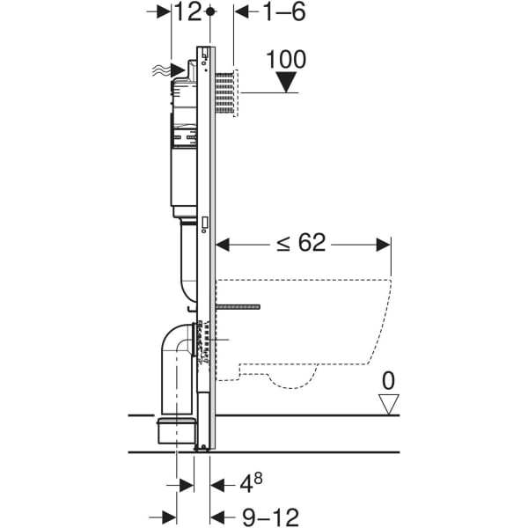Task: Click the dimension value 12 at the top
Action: tap(187, 12)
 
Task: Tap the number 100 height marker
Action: tap(286, 60)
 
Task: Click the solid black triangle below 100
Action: tap(286, 84)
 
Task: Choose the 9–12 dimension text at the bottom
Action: tap(263, 515)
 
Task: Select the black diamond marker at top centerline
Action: tap(210, 12)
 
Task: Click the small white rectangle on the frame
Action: tap(204, 224)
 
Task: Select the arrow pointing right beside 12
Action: tap(164, 12)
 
